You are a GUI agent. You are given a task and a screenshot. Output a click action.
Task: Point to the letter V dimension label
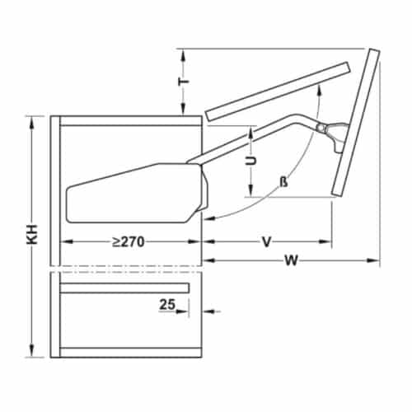click(267, 242)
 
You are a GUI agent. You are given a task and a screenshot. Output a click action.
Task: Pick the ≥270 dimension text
click(130, 242)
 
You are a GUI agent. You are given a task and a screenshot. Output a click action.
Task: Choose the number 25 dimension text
click(167, 304)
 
